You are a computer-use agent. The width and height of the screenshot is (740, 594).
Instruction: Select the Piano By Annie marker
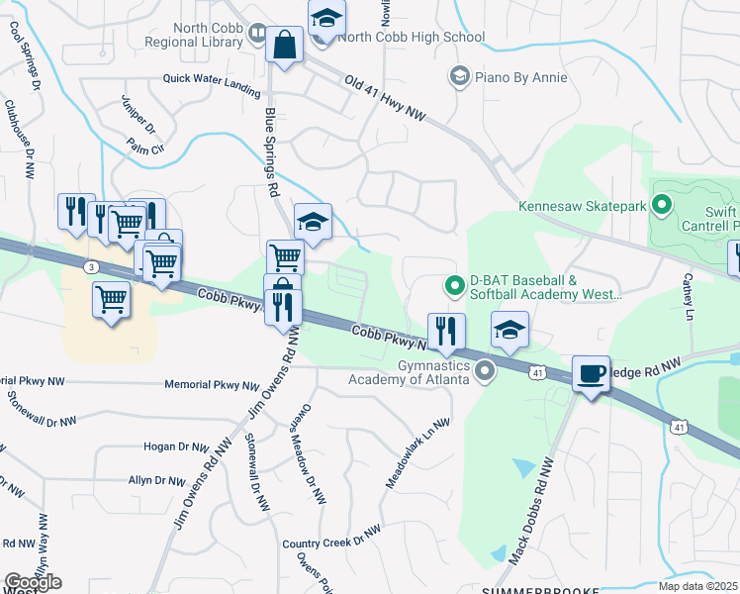(458, 76)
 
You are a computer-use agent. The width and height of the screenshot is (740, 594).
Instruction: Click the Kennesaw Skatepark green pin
(661, 206)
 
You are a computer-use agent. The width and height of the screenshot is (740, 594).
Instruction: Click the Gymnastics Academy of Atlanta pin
(485, 372)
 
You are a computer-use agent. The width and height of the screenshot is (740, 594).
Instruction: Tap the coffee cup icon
(591, 374)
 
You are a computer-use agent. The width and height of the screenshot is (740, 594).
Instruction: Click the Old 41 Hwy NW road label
(385, 98)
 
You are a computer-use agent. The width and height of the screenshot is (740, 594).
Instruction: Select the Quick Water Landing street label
(212, 86)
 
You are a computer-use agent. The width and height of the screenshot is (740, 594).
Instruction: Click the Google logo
(33, 582)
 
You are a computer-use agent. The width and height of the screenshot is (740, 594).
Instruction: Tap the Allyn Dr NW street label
(156, 481)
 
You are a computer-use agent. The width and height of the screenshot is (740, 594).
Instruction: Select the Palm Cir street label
(144, 147)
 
